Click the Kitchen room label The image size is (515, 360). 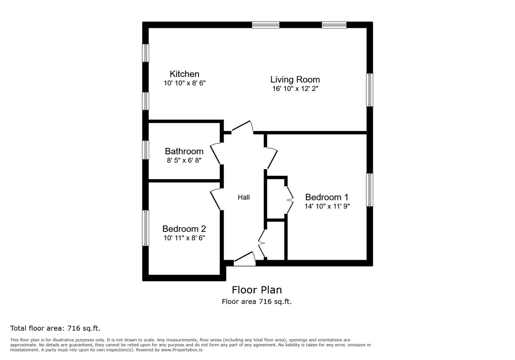pos(184,74)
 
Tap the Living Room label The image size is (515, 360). pos(295,80)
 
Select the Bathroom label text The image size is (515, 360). pos(184,151)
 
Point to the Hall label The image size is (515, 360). pos(243,197)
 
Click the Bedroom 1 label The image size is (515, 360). pos(327,197)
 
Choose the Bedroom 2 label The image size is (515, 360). pos(184,229)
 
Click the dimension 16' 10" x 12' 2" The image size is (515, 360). pos(295,89)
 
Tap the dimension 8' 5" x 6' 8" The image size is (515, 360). pos(184,160)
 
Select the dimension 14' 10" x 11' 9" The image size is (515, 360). pos(327,206)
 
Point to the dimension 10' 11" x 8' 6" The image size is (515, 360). pos(184,238)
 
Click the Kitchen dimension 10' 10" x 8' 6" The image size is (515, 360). pos(184,83)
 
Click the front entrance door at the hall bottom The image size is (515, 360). pos(244,260)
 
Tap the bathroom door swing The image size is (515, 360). pos(215,154)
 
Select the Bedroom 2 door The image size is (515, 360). pos(215,199)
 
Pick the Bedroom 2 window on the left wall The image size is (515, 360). pos(146,228)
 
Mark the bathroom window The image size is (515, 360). pos(146,150)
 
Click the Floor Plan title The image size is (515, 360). pos(256,290)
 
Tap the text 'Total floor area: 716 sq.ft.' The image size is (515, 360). pos(55,328)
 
